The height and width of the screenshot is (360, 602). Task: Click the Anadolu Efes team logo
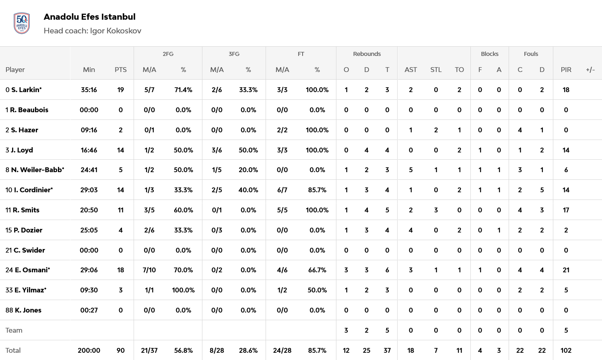click(22, 23)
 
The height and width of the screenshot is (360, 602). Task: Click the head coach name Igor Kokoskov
click(115, 31)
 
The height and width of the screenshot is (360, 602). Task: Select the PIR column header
click(566, 70)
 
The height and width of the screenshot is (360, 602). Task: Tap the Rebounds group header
click(367, 54)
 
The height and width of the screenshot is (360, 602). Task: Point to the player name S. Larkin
click(26, 90)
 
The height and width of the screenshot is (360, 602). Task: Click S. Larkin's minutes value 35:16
click(89, 90)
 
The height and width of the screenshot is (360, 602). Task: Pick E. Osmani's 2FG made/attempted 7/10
click(149, 270)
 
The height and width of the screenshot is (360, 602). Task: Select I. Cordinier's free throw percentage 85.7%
click(317, 190)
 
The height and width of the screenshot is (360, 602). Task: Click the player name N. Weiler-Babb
click(37, 170)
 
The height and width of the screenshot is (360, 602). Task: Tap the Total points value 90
click(120, 350)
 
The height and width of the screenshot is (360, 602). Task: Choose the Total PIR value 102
click(566, 350)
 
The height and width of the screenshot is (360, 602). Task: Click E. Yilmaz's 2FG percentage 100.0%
click(183, 290)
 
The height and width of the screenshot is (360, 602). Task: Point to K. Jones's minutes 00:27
click(89, 310)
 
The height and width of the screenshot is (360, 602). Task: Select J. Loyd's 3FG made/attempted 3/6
click(216, 150)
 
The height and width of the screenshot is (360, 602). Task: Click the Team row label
click(14, 330)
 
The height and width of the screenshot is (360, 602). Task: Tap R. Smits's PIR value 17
click(566, 210)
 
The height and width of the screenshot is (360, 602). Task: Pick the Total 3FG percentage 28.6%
click(248, 350)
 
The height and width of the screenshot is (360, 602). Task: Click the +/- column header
click(590, 70)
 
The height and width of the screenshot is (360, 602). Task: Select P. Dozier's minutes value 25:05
click(89, 230)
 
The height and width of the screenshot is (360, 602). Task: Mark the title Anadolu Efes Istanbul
click(89, 17)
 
